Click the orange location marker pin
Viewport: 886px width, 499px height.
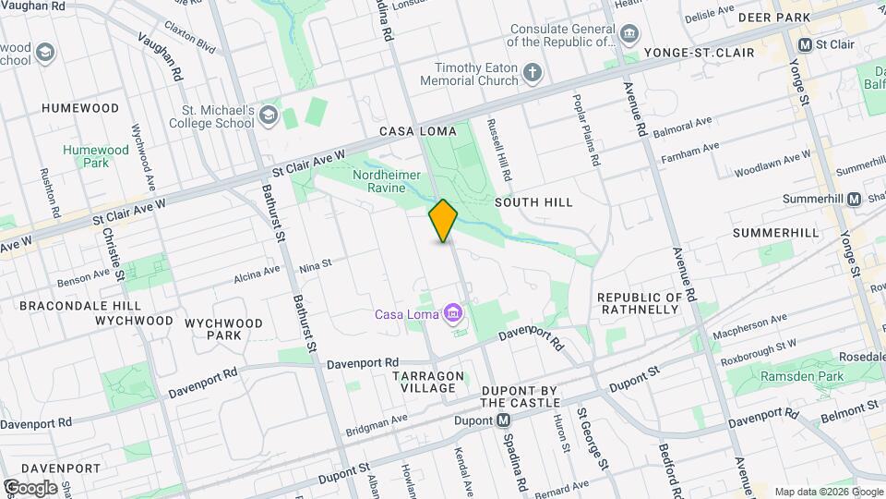point(444,221)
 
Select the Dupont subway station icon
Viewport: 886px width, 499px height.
point(504,420)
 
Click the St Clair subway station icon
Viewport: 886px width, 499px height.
point(805,44)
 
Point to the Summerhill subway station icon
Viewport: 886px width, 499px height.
point(854,199)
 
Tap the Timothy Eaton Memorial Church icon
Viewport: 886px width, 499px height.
point(532,73)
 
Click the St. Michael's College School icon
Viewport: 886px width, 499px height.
point(268,116)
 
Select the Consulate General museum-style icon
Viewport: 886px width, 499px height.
point(629,35)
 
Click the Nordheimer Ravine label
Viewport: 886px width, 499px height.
point(388,182)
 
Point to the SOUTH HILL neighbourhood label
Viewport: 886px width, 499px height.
point(533,201)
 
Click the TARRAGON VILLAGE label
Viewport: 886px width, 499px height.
point(426,383)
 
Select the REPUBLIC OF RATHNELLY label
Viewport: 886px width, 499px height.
point(640,303)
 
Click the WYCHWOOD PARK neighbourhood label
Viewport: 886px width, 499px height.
point(223,329)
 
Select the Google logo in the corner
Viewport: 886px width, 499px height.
point(30,487)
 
